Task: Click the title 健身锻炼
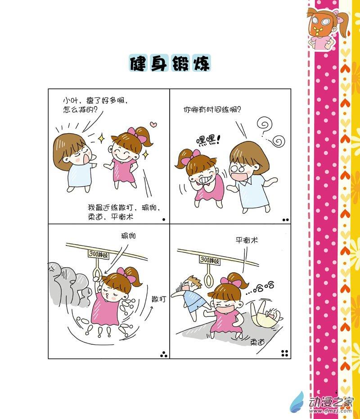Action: [170, 63]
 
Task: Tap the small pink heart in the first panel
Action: [153, 124]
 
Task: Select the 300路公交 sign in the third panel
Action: [99, 254]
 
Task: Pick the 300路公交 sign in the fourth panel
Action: [210, 260]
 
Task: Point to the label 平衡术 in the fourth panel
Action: [247, 240]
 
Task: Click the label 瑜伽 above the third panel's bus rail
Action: [128, 236]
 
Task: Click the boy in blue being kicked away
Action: [189, 297]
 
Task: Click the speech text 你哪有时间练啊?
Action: [212, 109]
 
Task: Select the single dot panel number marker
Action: [164, 220]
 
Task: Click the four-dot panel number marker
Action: [285, 353]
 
